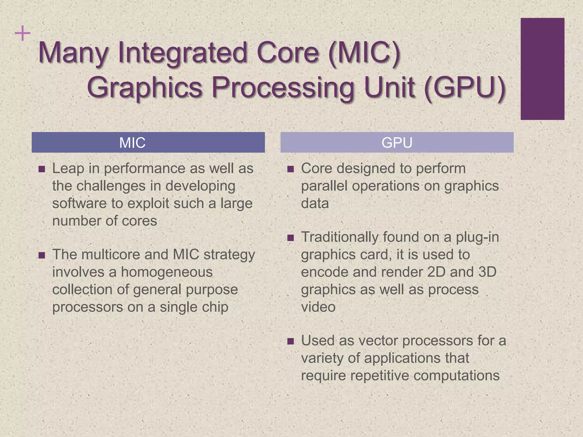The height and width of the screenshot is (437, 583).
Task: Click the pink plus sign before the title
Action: (22, 34)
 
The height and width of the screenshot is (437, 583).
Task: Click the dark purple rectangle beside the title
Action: (542, 69)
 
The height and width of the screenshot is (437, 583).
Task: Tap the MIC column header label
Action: (132, 143)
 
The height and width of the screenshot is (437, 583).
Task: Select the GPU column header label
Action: (397, 143)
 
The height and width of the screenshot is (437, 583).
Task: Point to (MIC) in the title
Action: (364, 53)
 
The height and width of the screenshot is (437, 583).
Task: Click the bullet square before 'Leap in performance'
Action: (42, 169)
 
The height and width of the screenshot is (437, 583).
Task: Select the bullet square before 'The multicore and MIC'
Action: (42, 255)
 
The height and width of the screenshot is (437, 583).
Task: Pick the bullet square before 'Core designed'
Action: (290, 169)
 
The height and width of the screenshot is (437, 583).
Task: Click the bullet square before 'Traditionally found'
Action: (290, 238)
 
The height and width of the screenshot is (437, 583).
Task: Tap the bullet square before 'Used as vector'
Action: (290, 341)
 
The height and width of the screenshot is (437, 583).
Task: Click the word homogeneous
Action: (167, 272)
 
